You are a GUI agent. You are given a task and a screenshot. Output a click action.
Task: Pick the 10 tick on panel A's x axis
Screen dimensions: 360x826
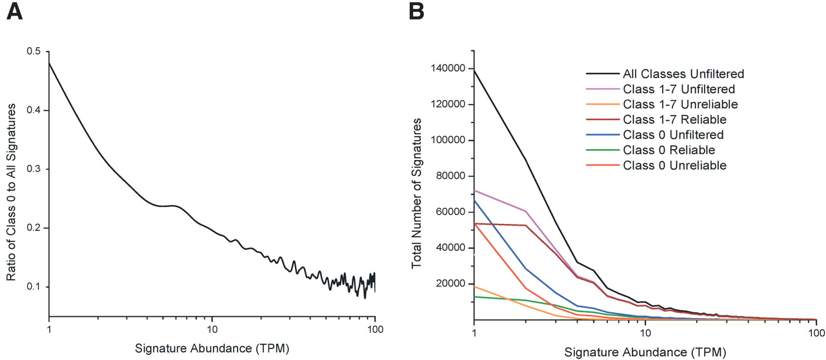[x=212, y=329]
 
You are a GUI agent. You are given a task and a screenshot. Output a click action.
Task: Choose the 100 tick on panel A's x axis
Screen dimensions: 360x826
[x=375, y=329]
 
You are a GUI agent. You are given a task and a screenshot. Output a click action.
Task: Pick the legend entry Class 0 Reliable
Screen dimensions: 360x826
[x=669, y=150]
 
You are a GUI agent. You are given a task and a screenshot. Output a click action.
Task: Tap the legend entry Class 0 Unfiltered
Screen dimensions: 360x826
[x=672, y=134]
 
